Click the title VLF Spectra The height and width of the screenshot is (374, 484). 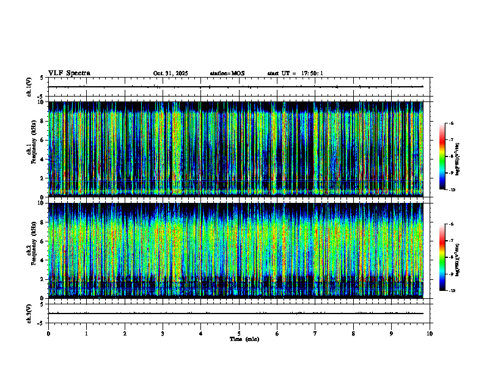[x=69, y=73]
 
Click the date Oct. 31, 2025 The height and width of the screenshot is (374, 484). [x=170, y=73]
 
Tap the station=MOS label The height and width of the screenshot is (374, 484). [x=227, y=73]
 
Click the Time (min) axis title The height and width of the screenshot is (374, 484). [x=244, y=339]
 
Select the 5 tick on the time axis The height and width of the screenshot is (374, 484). [x=239, y=333]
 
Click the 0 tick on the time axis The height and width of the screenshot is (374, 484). [x=48, y=333]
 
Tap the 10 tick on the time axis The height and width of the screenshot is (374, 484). [x=430, y=333]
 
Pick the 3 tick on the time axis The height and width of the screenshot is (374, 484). [x=163, y=333]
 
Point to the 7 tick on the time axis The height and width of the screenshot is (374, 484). [x=315, y=333]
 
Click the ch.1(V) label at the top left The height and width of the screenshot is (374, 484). [x=29, y=87]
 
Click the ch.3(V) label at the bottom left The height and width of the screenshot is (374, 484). [x=29, y=313]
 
